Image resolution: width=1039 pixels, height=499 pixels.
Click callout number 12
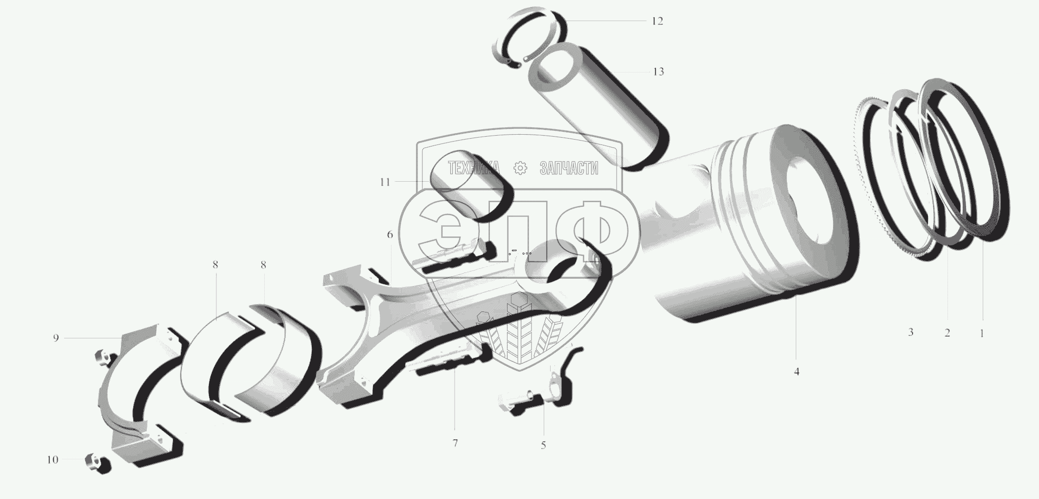pos(657,22)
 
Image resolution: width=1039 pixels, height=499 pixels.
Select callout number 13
pos(658,72)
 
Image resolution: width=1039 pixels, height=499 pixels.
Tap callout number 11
pos(385,182)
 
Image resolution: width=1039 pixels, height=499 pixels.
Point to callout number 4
pos(797,372)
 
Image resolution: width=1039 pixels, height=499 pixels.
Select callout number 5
pos(543,445)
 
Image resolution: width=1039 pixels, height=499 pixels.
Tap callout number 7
pos(455,443)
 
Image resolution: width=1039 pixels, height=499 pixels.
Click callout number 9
pos(56,338)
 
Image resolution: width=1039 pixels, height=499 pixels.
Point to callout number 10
pos(52,460)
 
